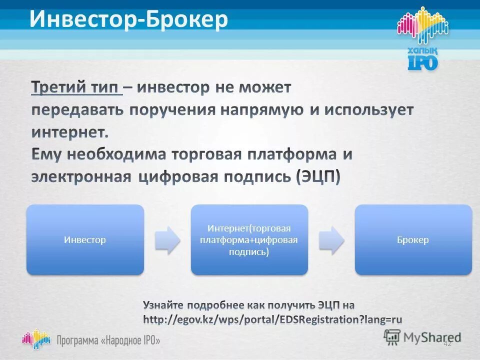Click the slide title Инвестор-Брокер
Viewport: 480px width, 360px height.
[x=128, y=19]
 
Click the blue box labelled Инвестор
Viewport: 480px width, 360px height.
[x=85, y=240]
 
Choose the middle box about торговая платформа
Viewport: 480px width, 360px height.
[x=249, y=240]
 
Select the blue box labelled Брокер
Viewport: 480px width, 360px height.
[x=413, y=240]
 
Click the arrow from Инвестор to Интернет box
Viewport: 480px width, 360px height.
[x=167, y=240]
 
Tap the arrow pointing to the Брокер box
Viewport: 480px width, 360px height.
[x=331, y=240]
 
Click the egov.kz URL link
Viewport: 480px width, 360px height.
[x=272, y=319]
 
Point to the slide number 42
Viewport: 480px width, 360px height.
[x=447, y=343]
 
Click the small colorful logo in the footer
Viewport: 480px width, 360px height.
[x=36, y=338]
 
